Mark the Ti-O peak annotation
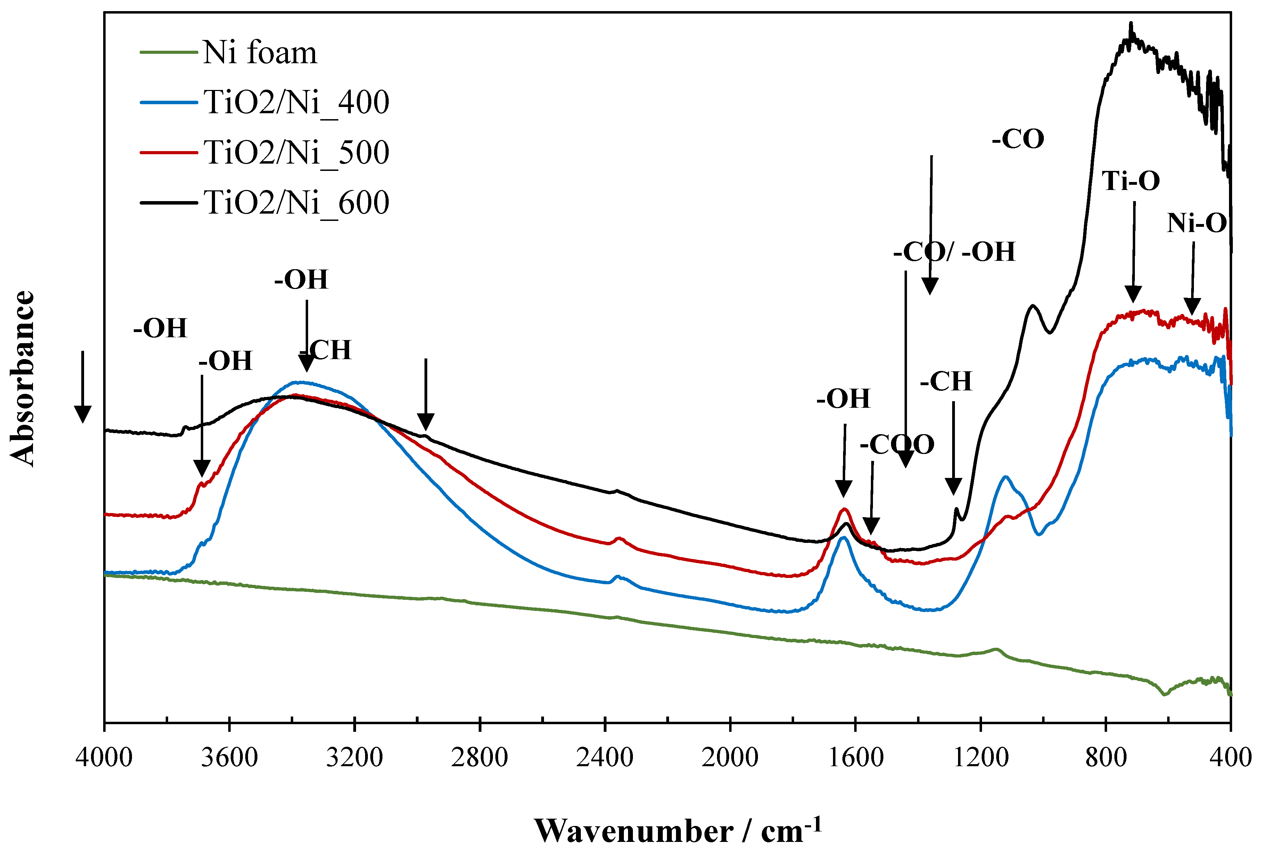point(1131,181)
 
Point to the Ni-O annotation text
point(1197,223)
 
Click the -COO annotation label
point(897,445)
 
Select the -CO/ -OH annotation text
point(954,252)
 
